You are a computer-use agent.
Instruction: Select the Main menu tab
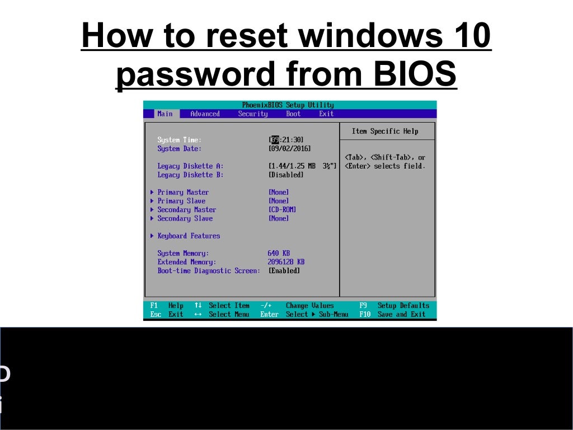point(165,114)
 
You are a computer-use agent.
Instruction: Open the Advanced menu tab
point(205,114)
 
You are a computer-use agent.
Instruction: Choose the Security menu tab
point(253,114)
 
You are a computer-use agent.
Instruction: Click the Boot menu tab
point(293,114)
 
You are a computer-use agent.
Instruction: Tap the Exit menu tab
point(326,114)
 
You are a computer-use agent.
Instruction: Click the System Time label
point(179,140)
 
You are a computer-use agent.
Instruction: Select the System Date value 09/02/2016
point(290,149)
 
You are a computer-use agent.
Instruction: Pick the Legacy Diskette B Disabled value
point(286,175)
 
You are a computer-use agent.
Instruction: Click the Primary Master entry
point(182,192)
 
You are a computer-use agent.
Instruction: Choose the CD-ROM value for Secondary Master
point(283,209)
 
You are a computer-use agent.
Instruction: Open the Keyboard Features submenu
point(189,236)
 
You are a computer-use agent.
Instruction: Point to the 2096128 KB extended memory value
point(286,262)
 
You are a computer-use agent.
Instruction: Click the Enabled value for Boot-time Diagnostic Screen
point(284,271)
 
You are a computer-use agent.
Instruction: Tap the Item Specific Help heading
point(385,131)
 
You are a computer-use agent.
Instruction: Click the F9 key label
point(363,306)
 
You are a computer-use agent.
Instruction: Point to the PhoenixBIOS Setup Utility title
point(288,105)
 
